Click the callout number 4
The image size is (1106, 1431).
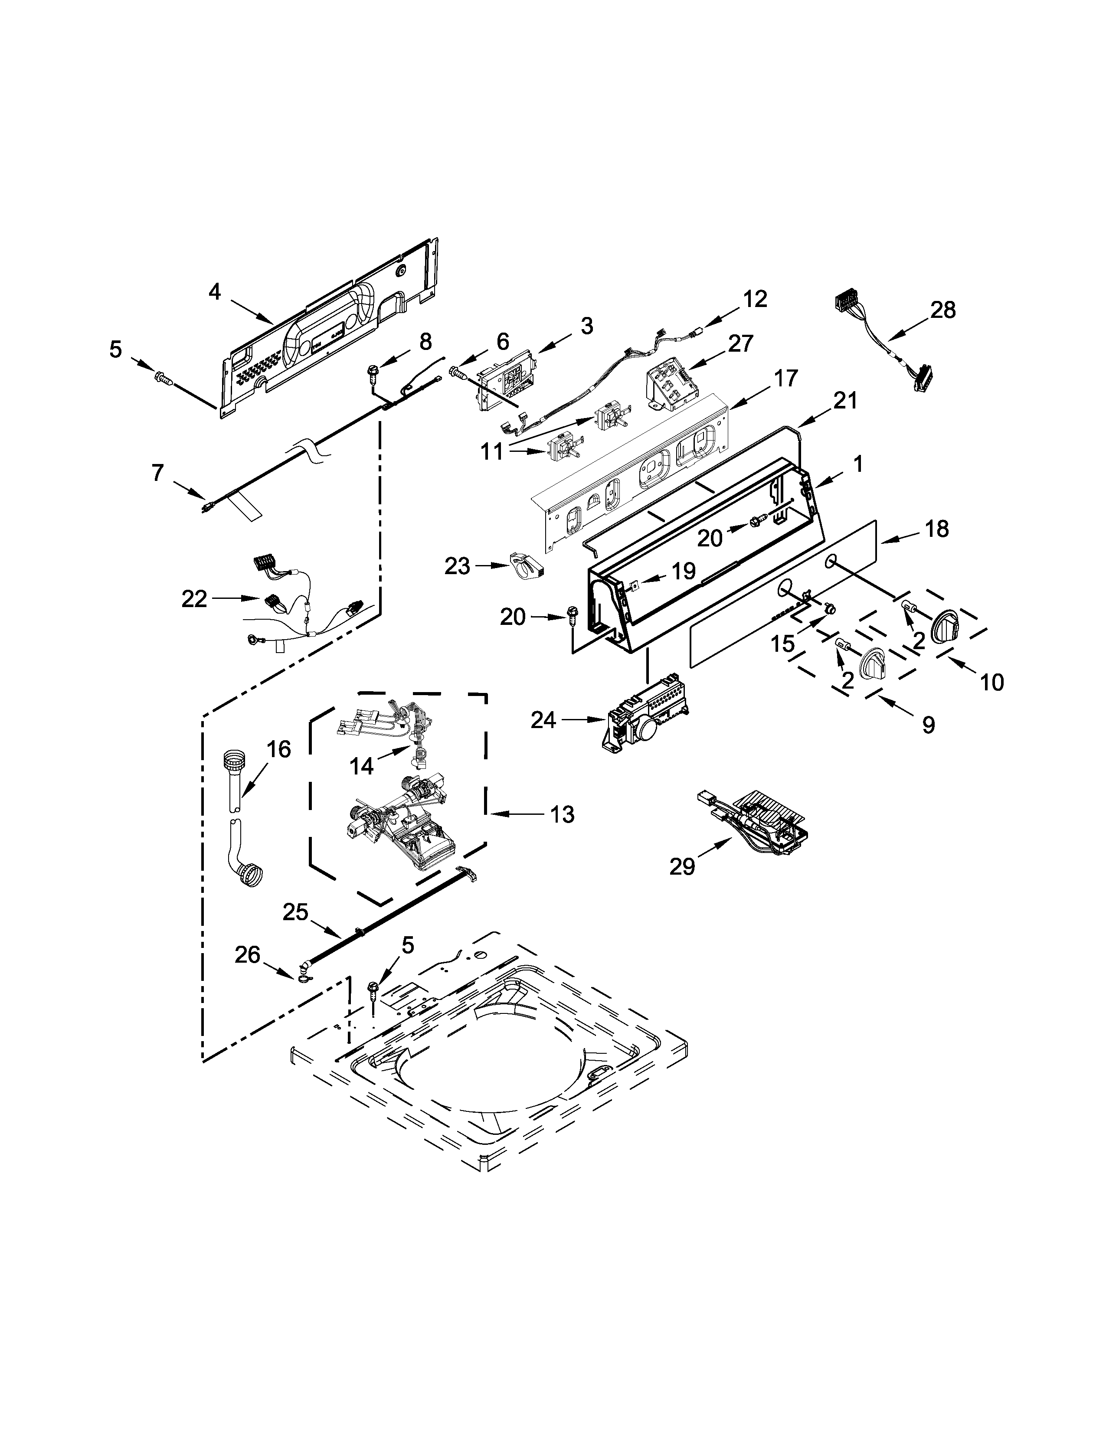pyautogui.click(x=215, y=292)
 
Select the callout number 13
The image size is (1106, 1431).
pyautogui.click(x=562, y=814)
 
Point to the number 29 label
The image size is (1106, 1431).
pyautogui.click(x=682, y=867)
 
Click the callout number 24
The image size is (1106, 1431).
pyautogui.click(x=543, y=720)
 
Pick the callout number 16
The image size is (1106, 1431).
pyautogui.click(x=278, y=748)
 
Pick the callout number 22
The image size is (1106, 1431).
pyautogui.click(x=194, y=598)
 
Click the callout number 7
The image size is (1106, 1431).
pyautogui.click(x=157, y=472)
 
